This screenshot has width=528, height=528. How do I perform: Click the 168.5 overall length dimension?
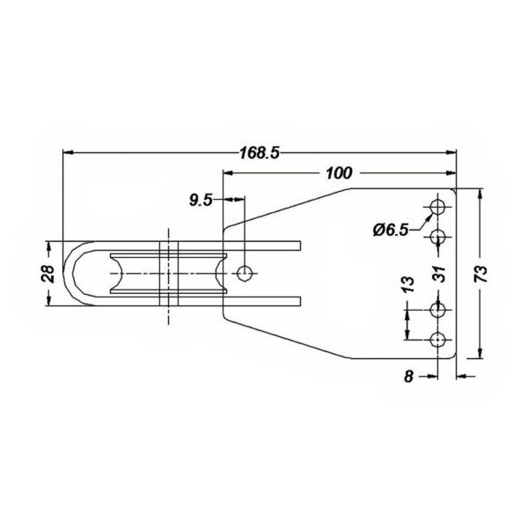(x=260, y=152)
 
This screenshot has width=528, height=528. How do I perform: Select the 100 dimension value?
(x=339, y=173)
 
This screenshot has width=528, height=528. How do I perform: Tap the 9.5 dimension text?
(x=201, y=201)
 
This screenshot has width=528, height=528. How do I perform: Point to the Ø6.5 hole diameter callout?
(x=391, y=231)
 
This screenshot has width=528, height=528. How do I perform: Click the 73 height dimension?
(x=481, y=274)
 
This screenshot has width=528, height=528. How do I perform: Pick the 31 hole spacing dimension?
(x=439, y=274)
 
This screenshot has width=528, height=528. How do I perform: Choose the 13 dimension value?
(x=407, y=284)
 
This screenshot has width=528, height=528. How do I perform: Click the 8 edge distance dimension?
(x=408, y=376)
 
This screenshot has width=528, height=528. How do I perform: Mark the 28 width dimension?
(x=48, y=274)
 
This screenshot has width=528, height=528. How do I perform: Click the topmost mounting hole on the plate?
(x=437, y=207)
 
